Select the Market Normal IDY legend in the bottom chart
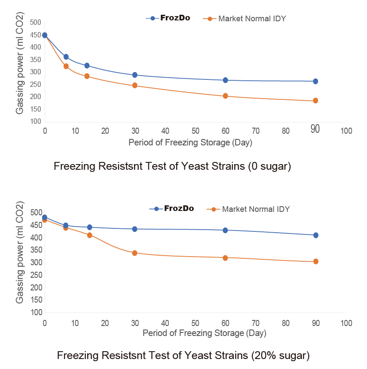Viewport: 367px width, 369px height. click(x=256, y=209)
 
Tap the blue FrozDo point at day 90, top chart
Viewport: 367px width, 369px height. click(x=315, y=81)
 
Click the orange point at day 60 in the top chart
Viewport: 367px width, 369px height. click(x=225, y=96)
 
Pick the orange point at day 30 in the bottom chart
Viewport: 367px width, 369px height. click(x=134, y=253)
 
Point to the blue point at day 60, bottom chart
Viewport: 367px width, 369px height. click(x=225, y=230)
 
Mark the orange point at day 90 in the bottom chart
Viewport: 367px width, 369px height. click(x=316, y=261)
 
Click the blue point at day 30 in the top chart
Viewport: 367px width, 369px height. click(x=134, y=75)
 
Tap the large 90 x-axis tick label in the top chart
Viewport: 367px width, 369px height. click(x=315, y=129)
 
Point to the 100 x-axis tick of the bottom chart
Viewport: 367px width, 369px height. click(x=346, y=323)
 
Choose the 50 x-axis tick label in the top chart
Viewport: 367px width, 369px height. click(x=195, y=130)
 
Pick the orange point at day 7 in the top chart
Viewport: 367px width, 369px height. click(x=66, y=66)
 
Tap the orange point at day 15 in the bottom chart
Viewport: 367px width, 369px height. click(x=89, y=235)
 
